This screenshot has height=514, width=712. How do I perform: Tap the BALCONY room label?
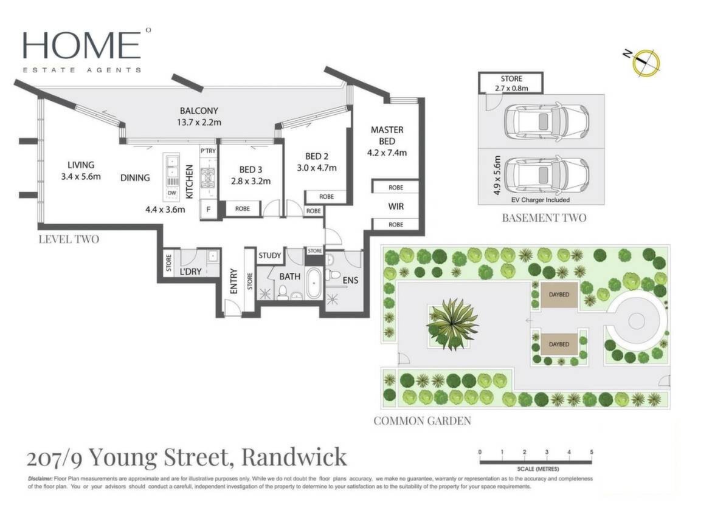tap(199, 111)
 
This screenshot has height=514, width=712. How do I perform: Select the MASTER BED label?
tap(387, 135)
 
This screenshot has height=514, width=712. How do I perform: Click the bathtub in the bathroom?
tap(314, 284)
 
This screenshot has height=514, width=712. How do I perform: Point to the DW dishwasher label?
tap(171, 193)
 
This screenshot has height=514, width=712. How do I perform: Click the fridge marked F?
tap(209, 209)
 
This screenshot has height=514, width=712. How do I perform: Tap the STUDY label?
tap(270, 255)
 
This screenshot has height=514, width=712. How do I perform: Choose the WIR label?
tap(396, 207)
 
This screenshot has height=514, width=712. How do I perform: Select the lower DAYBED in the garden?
tap(559, 344)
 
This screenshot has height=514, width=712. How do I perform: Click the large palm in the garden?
tap(452, 323)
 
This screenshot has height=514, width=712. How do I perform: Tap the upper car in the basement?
tap(546, 122)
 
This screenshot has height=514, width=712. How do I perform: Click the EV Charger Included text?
tap(541, 200)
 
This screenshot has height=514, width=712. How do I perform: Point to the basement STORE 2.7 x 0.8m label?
tap(511, 83)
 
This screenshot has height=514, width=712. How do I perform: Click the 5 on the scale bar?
tap(591, 452)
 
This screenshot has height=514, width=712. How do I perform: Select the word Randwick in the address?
tap(294, 457)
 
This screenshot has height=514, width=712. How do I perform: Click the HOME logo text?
tap(81, 45)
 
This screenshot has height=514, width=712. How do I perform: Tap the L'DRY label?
tap(191, 272)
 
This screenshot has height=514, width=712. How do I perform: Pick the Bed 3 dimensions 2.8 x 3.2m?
tap(251, 182)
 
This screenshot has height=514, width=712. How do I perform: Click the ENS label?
tap(350, 281)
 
